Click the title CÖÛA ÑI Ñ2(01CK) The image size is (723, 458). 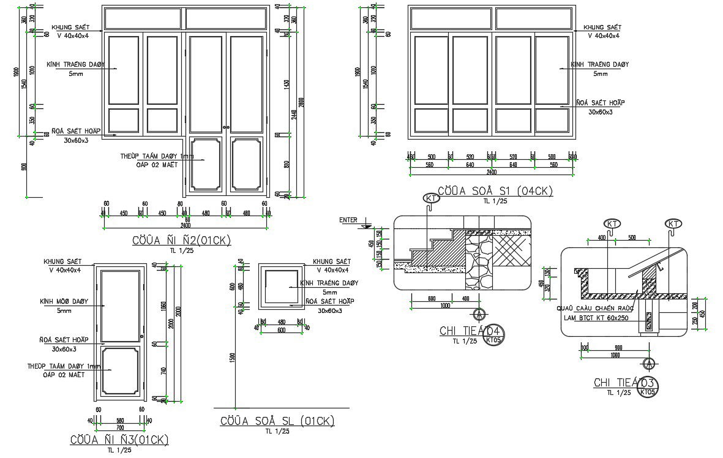coord(182,241)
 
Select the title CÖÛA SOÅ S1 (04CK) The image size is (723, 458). coord(495,191)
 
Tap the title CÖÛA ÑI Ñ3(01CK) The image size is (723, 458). coord(119,440)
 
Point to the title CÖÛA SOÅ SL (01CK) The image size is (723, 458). coord(277,421)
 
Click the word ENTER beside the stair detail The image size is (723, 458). coord(348,219)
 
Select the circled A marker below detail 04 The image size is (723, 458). coord(478,314)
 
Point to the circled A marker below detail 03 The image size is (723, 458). coord(649,362)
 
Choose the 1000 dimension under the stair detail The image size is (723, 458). coord(444,305)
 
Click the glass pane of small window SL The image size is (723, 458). coord(282,285)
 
